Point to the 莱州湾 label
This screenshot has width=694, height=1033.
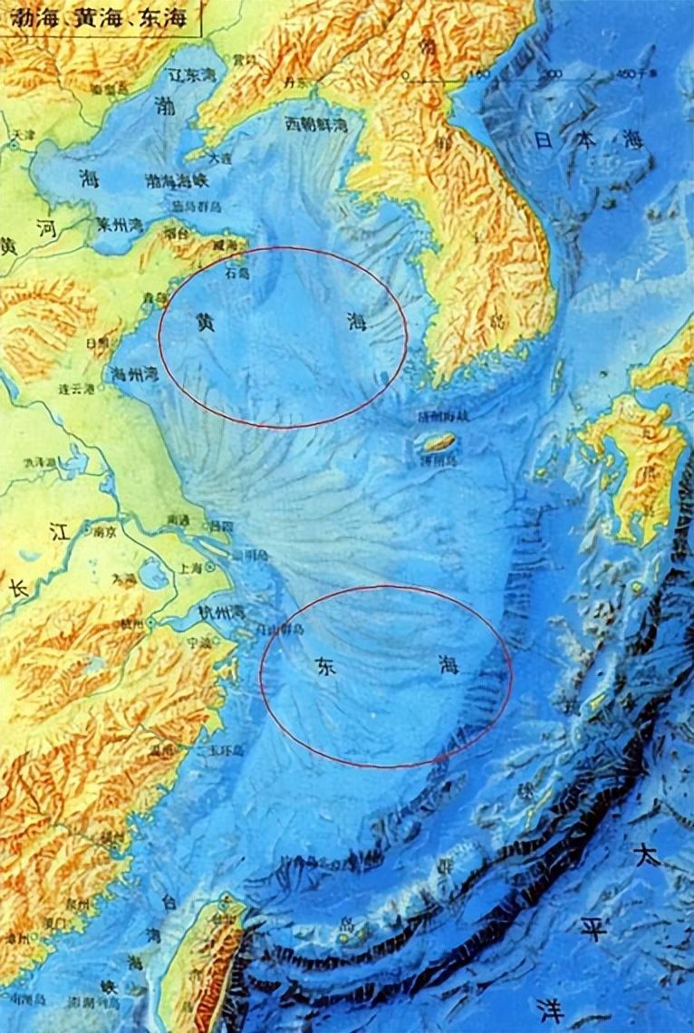[x=120, y=224]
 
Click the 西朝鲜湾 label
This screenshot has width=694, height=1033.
[x=316, y=125]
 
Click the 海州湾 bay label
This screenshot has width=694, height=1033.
[x=133, y=372]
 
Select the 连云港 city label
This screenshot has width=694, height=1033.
[x=77, y=389]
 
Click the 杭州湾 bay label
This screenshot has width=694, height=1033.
[x=223, y=613]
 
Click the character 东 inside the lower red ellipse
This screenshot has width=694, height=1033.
[x=324, y=668]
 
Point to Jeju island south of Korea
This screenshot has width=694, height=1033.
[x=440, y=442]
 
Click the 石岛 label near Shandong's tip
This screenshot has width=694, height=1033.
[x=236, y=271]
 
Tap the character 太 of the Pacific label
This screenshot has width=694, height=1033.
[x=647, y=855]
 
